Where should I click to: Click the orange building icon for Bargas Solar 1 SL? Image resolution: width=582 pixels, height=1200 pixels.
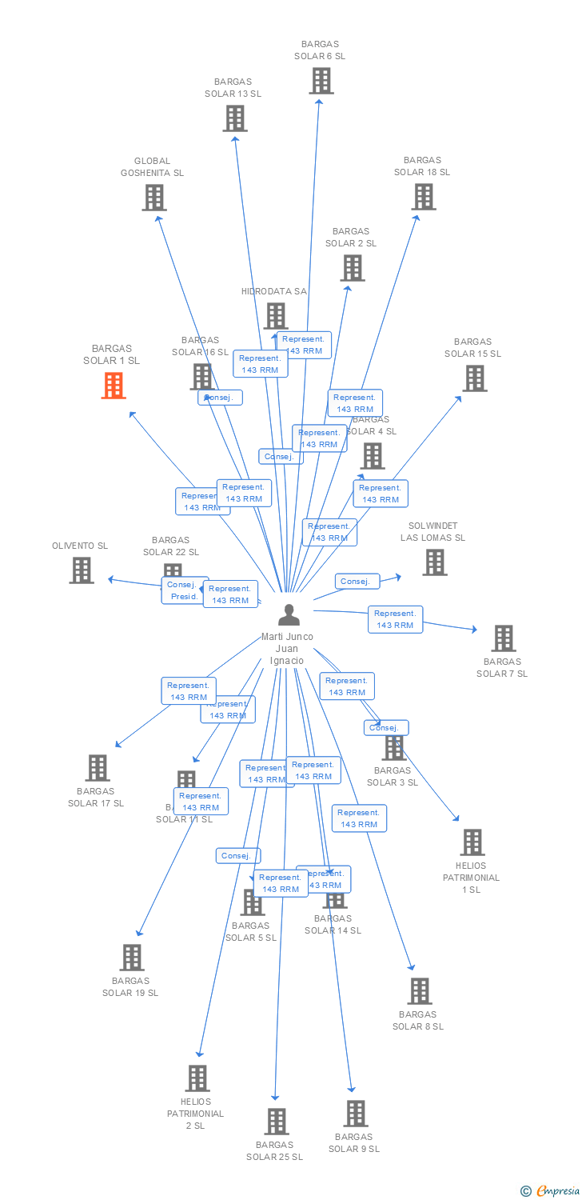pos(114,386)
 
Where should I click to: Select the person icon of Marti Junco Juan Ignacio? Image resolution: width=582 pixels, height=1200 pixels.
pos(289,614)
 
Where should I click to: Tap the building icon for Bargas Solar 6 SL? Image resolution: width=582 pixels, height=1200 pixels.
pos(321,81)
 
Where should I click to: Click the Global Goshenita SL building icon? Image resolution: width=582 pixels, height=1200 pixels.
pos(153,198)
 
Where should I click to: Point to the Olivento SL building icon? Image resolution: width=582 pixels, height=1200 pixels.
pos(82,570)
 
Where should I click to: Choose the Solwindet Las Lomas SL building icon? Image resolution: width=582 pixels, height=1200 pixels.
pos(434,562)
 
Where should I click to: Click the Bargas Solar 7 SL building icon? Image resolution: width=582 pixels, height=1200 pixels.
pos(503,638)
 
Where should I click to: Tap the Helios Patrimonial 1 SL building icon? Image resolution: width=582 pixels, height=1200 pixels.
pos(472,842)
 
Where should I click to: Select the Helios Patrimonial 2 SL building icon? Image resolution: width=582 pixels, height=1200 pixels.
pos(197,1078)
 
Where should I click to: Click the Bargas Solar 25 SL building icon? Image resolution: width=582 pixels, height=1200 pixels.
pos(277,1122)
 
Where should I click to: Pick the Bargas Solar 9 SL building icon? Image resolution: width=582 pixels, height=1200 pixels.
pos(355,1114)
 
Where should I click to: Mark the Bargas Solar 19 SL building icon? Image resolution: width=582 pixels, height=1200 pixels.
pos(132,958)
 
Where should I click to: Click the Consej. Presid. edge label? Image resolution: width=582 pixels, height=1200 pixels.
pos(185,590)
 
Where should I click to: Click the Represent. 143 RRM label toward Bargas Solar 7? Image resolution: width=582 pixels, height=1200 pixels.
pos(395,619)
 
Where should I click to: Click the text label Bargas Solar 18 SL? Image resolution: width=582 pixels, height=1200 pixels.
pos(421,166)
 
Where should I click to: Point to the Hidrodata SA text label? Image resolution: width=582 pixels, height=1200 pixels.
pos(273,291)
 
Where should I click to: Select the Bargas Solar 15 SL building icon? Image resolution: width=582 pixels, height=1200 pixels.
pos(474,378)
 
